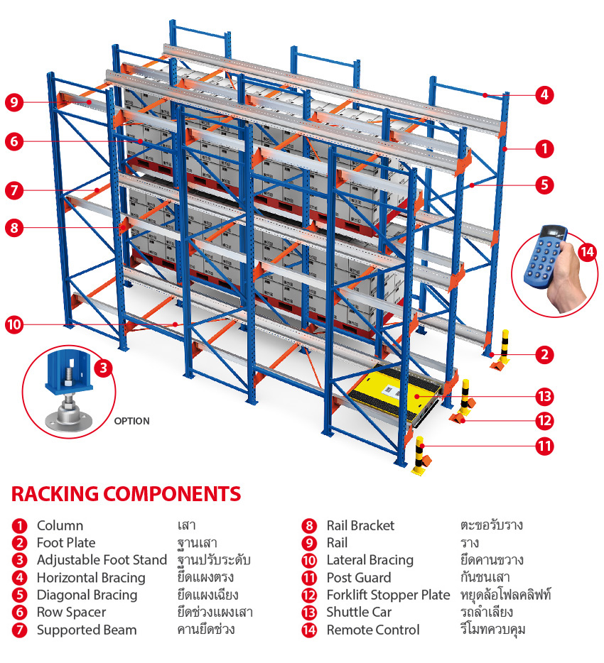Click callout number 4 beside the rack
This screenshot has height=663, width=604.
click(544, 94)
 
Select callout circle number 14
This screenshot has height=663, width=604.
click(587, 251)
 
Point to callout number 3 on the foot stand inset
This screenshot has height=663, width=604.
click(104, 368)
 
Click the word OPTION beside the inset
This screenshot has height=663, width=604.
click(131, 421)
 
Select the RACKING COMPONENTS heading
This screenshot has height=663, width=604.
click(126, 493)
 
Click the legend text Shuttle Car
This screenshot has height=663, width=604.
click(358, 612)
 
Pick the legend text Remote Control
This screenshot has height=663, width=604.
click(372, 630)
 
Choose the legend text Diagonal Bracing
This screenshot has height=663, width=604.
click(87, 595)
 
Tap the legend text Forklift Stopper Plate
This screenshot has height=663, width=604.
click(388, 595)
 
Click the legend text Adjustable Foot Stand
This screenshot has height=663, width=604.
click(102, 560)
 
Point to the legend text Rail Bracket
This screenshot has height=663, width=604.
click(360, 525)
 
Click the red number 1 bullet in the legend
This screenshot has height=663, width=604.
click(19, 526)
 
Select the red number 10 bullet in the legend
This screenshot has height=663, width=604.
click(309, 561)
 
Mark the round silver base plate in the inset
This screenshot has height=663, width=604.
click(68, 418)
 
